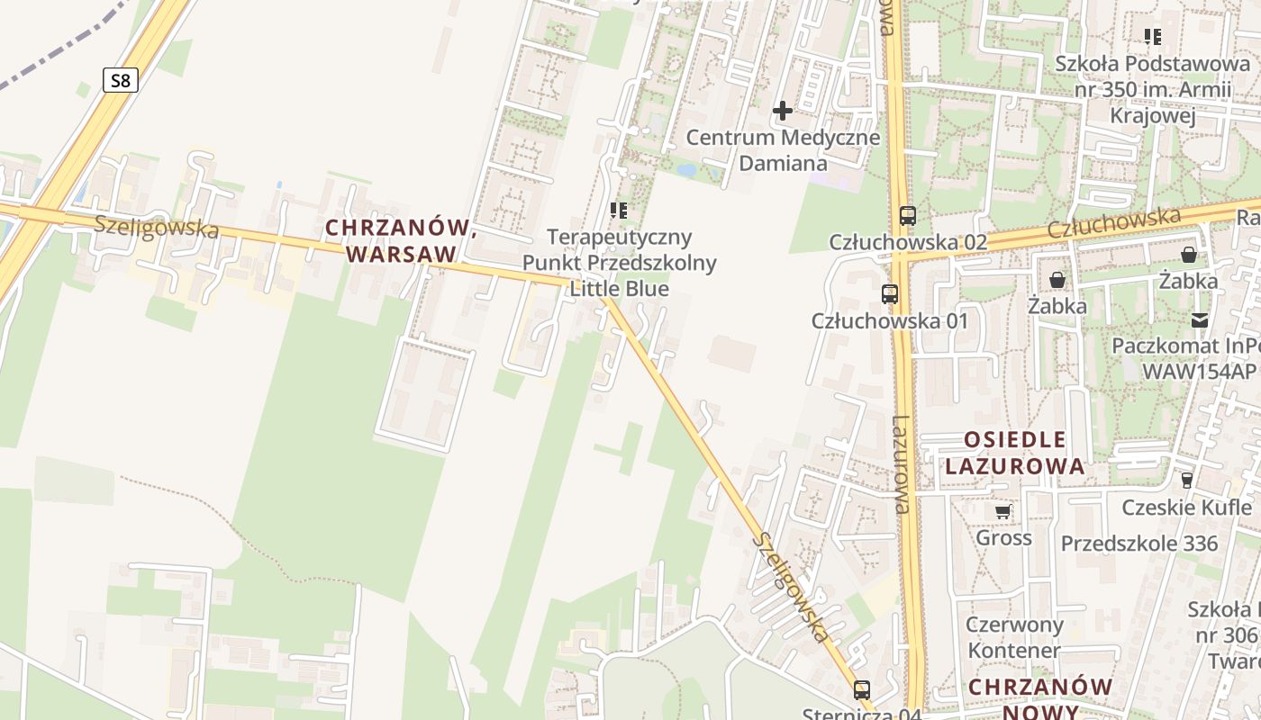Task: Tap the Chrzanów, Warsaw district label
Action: click(401, 240)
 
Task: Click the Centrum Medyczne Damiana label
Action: click(783, 150)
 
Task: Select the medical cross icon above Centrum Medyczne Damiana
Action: click(783, 111)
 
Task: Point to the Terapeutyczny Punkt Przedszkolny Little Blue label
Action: click(621, 263)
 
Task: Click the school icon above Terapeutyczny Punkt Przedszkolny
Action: click(619, 211)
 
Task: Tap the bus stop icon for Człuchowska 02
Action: click(907, 216)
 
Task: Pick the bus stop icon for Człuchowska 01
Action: click(890, 293)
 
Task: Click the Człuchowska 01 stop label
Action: click(889, 321)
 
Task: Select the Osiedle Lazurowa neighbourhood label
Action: click(1024, 453)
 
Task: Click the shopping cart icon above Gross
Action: click(1002, 512)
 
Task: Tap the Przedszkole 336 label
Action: click(1139, 544)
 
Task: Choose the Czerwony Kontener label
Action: click(1014, 637)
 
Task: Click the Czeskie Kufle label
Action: click(1186, 508)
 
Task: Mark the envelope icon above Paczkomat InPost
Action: click(1200, 320)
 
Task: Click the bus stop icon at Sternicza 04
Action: click(862, 690)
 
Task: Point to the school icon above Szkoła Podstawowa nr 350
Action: click(1152, 37)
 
